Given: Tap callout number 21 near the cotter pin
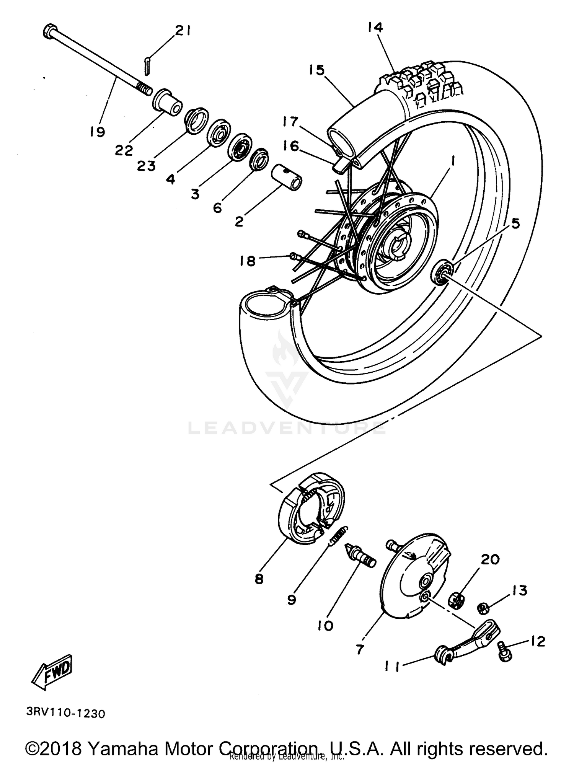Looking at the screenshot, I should coord(182,31).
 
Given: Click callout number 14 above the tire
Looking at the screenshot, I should coord(375,28).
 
